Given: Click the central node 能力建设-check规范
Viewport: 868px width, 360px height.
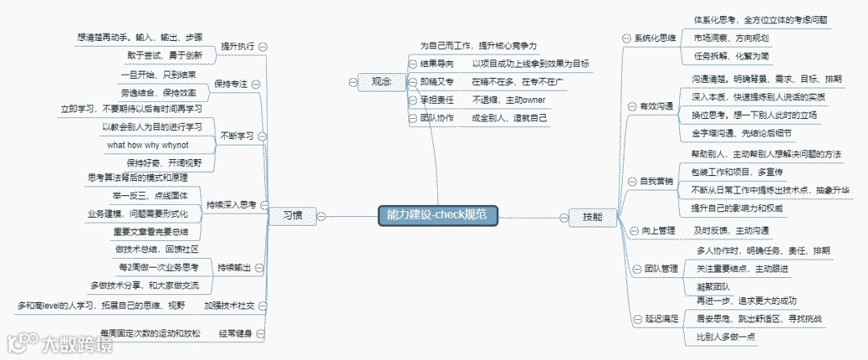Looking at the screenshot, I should pyautogui.click(x=437, y=215).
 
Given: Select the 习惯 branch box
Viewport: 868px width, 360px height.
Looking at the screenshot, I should pyautogui.click(x=293, y=215).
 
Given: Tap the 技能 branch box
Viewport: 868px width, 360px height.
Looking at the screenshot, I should pyautogui.click(x=582, y=216).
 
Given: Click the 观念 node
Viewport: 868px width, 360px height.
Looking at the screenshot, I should pyautogui.click(x=375, y=80).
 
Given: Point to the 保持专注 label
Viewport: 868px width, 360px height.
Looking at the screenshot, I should pyautogui.click(x=231, y=84).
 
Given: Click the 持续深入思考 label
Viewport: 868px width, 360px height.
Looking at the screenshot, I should pyautogui.click(x=231, y=205).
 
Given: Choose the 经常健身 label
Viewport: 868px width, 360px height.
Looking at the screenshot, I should pyautogui.click(x=233, y=332).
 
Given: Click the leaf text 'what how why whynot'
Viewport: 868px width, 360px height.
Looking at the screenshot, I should pyautogui.click(x=148, y=145).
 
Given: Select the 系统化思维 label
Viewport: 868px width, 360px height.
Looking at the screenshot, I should pyautogui.click(x=655, y=38).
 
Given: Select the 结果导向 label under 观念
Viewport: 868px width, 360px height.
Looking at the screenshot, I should pyautogui.click(x=437, y=63).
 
